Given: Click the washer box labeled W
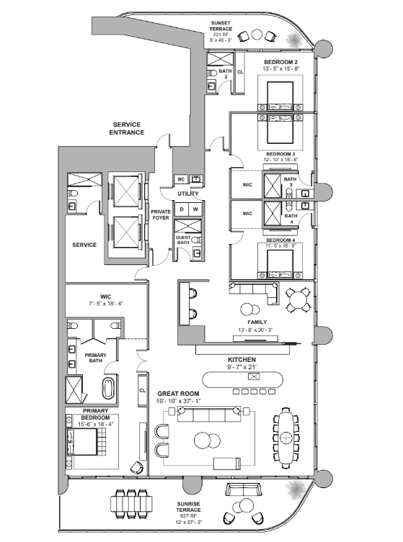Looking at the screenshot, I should [x=195, y=209].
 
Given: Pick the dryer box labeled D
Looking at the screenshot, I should [x=182, y=209].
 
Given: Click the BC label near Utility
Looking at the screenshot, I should [x=182, y=179].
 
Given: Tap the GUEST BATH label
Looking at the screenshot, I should [x=185, y=240].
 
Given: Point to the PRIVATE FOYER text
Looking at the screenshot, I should [x=160, y=214].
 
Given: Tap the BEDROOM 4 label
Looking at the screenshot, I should [x=280, y=239].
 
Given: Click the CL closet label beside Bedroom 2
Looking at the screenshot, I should [x=240, y=72].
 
